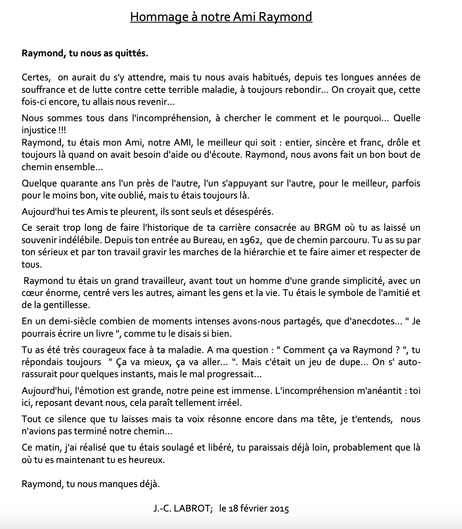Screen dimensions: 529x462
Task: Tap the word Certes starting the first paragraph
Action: point(36,77)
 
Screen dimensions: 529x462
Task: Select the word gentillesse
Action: point(67,305)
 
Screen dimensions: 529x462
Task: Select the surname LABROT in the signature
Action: point(192,509)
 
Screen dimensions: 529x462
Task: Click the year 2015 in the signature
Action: point(278,509)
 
